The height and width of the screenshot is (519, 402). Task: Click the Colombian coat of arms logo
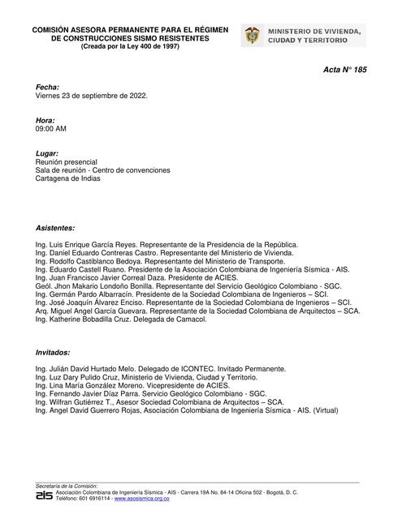pyautogui.click(x=253, y=36)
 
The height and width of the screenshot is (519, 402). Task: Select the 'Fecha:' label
pyautogui.click(x=47, y=86)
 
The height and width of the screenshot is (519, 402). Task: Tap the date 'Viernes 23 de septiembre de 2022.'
pyautogui.click(x=91, y=95)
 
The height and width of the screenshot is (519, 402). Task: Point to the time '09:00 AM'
pyautogui.click(x=51, y=128)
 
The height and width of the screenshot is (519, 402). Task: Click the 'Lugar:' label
pyautogui.click(x=47, y=153)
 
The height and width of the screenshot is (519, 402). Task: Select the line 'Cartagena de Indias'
pyautogui.click(x=68, y=178)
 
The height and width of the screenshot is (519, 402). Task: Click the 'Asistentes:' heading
pyautogui.click(x=55, y=229)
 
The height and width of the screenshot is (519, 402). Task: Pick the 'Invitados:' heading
pyautogui.click(x=53, y=353)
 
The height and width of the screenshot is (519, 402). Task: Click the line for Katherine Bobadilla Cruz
pyautogui.click(x=121, y=320)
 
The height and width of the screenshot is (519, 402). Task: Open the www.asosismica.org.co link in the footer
pyautogui.click(x=142, y=498)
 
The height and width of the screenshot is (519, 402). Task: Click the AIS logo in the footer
pyautogui.click(x=44, y=494)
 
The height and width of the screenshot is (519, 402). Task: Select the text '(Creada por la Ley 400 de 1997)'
pyautogui.click(x=129, y=47)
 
